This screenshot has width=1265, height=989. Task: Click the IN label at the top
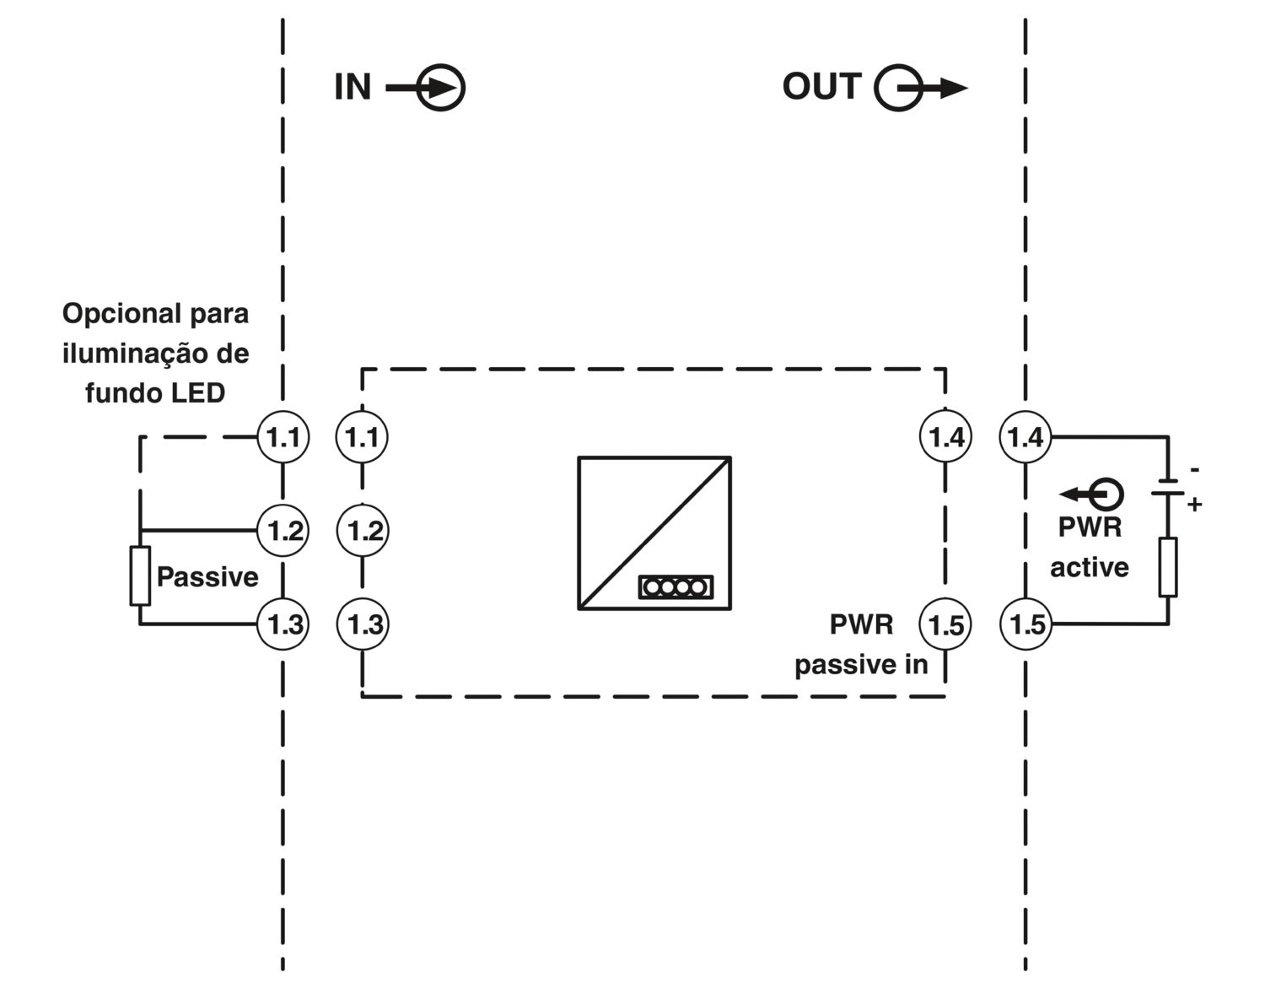point(353,87)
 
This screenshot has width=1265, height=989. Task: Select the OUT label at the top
point(821,86)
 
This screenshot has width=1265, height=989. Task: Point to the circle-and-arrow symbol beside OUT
point(921,88)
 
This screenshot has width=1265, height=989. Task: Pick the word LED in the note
point(197,393)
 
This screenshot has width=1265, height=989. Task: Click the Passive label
point(207,577)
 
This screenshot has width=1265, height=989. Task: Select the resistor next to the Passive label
point(140,576)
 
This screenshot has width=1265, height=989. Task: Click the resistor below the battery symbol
point(1168,567)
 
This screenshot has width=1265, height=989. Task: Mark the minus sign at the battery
point(1194,469)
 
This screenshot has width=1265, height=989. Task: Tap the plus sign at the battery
point(1194,505)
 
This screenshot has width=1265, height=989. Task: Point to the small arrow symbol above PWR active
point(1091,494)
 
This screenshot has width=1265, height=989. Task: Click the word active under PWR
point(1090,567)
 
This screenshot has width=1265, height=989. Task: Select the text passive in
point(861,665)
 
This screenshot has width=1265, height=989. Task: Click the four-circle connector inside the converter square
point(676,587)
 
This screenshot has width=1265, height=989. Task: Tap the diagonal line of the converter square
point(654,533)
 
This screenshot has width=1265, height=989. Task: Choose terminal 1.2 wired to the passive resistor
point(283,531)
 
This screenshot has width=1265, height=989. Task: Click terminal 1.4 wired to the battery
point(1025,437)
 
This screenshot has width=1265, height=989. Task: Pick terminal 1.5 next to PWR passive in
point(945,624)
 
